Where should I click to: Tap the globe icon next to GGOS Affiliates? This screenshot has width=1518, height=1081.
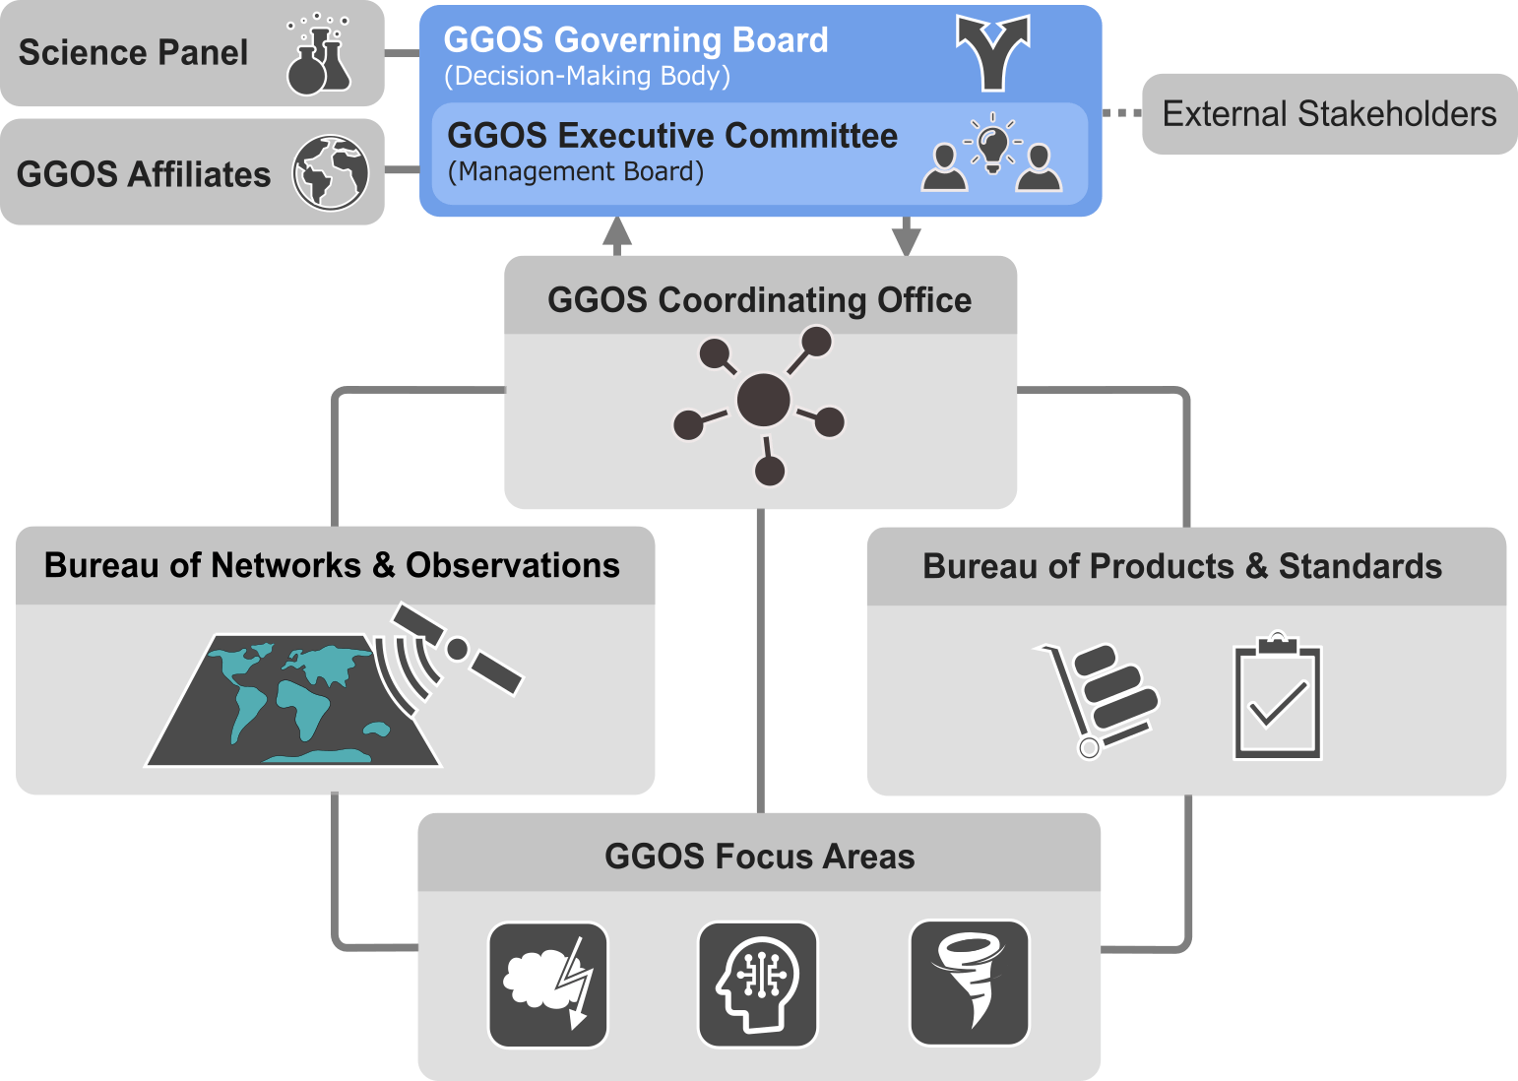point(331,173)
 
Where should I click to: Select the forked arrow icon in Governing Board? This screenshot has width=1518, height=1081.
point(992,53)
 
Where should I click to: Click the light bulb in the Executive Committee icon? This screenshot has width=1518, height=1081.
point(992,149)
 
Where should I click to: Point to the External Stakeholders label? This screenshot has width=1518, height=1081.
point(1330,114)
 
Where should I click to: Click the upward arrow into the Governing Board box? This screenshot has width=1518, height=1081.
point(616,236)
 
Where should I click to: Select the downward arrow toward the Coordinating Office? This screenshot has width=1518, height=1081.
point(906,236)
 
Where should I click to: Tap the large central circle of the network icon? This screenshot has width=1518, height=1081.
point(763,400)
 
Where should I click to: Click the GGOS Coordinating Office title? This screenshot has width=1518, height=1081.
point(760,300)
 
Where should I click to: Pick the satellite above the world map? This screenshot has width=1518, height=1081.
point(458,649)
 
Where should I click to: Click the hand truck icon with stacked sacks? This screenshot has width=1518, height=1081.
point(1097,700)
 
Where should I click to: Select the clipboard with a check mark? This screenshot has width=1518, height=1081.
point(1278,697)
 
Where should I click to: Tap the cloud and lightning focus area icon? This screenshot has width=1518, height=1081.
point(548,985)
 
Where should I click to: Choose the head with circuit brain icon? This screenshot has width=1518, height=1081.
point(758,985)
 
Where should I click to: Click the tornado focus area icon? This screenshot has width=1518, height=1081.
point(969,983)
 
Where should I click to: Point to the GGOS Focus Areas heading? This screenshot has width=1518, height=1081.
point(760,857)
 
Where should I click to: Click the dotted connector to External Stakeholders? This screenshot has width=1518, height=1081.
point(1122,113)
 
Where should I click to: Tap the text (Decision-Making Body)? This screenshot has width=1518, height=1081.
point(587,76)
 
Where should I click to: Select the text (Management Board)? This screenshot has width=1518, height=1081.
point(575,171)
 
